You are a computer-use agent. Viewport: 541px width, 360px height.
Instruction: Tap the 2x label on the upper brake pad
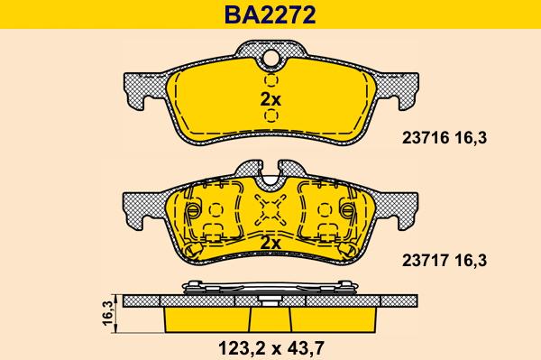[270, 100]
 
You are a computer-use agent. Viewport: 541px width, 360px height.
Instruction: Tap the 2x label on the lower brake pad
[270, 243]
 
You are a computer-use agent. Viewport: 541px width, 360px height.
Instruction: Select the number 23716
[418, 139]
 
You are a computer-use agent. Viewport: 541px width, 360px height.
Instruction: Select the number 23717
[418, 260]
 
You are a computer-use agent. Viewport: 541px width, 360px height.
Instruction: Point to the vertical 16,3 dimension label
[106, 313]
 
